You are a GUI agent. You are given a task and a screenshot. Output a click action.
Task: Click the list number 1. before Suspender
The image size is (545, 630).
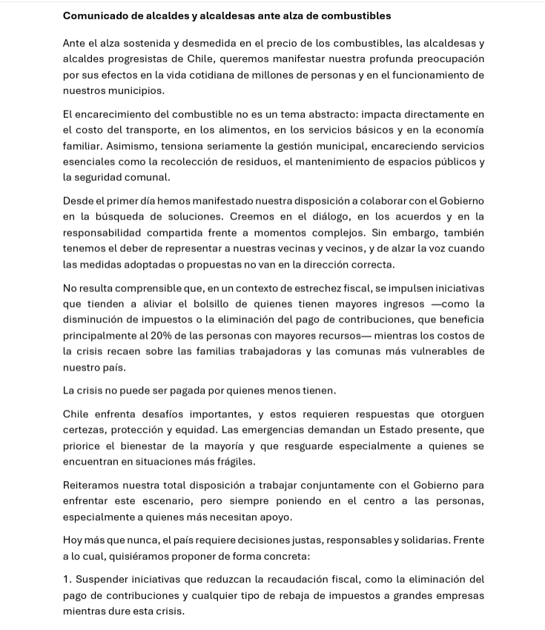(x=67, y=580)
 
